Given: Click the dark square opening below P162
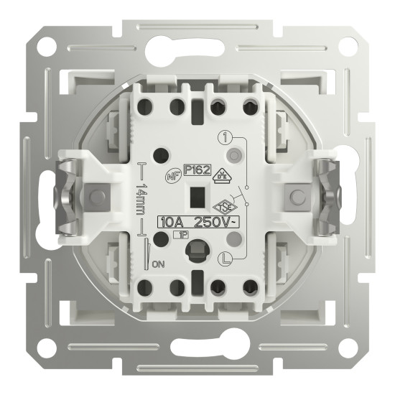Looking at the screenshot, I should [x=195, y=194].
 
